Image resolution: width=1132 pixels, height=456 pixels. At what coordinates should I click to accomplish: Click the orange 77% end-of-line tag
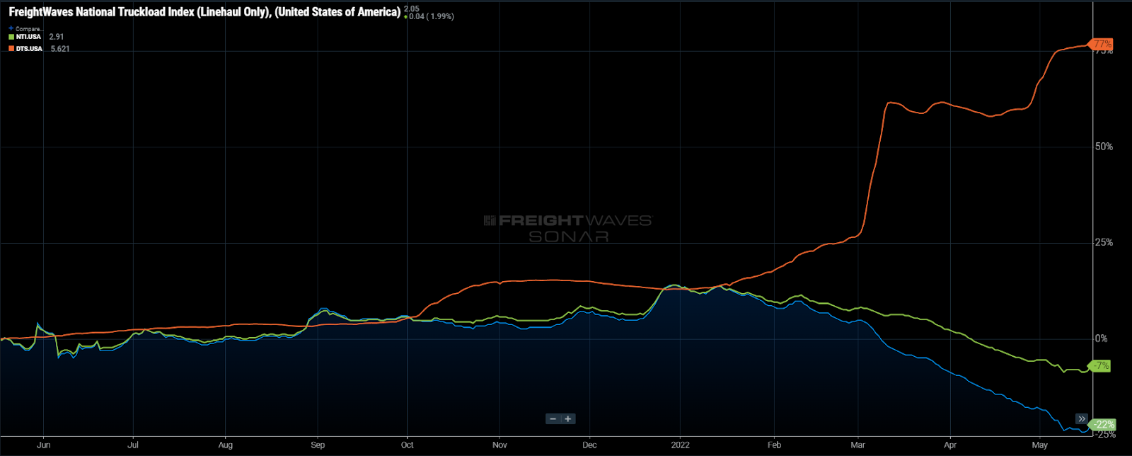click(x=1102, y=44)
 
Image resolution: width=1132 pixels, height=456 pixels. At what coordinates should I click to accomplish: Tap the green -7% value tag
click(x=1101, y=366)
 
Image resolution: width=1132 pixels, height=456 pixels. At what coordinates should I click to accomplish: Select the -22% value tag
click(x=1104, y=425)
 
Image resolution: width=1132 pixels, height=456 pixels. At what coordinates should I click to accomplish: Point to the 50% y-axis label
click(x=1104, y=147)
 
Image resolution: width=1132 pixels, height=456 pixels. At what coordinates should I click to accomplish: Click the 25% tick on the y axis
click(x=1104, y=242)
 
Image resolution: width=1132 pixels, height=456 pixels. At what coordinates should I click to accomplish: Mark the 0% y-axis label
click(x=1101, y=338)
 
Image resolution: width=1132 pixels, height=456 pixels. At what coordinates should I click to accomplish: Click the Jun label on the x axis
click(x=43, y=445)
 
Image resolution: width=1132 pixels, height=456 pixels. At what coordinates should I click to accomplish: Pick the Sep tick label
click(x=318, y=445)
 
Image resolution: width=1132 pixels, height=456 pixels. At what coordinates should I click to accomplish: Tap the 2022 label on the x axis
click(x=680, y=445)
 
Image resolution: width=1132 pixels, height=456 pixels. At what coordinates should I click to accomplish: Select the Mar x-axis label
click(x=857, y=445)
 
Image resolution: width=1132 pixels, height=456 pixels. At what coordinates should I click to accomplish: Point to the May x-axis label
click(x=1039, y=445)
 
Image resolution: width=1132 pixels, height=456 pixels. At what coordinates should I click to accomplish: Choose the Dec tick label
click(x=589, y=445)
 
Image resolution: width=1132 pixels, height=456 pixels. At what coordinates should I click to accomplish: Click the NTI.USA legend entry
click(x=28, y=37)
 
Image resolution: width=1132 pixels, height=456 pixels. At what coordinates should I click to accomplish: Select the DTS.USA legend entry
click(x=29, y=49)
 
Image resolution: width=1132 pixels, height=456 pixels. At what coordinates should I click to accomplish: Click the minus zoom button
click(x=553, y=418)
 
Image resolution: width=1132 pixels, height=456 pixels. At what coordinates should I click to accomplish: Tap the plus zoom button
click(x=567, y=418)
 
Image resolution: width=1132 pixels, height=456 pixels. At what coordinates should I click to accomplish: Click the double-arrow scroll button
click(x=1082, y=418)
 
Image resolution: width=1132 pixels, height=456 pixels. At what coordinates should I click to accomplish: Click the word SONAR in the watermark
click(x=568, y=236)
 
